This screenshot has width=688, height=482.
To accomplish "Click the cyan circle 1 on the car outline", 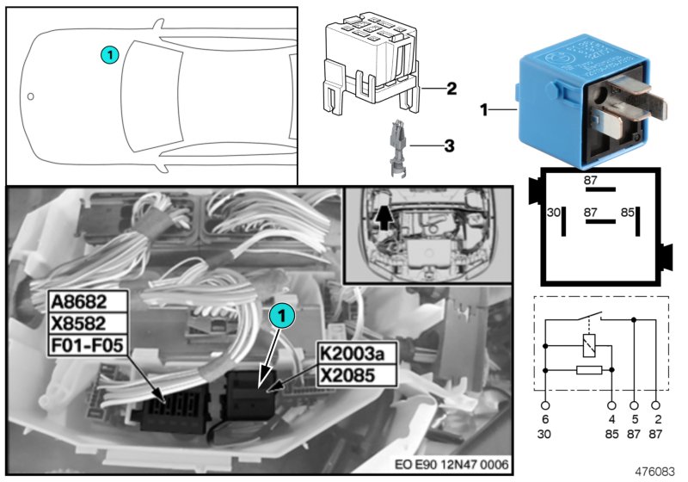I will click(x=109, y=54).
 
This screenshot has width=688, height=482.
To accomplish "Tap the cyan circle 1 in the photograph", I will click(x=280, y=318).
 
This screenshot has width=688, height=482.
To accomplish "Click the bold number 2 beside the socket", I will click(x=451, y=88).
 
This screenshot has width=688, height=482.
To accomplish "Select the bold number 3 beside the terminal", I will click(x=449, y=146).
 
